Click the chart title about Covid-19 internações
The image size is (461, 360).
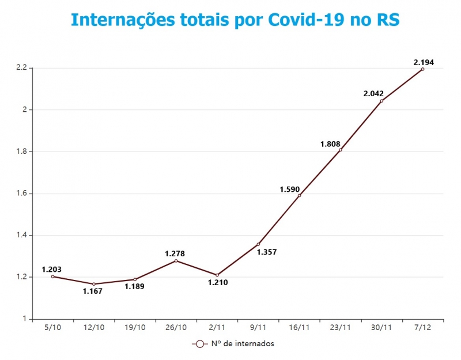click(x=235, y=19)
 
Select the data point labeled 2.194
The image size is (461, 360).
click(x=422, y=69)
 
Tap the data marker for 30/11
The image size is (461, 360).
click(x=381, y=101)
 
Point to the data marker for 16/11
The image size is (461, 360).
click(x=299, y=195)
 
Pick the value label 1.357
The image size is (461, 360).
click(x=267, y=252)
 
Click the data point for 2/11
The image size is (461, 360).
click(x=217, y=275)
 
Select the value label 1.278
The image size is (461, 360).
click(x=175, y=253)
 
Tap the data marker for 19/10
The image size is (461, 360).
click(x=135, y=279)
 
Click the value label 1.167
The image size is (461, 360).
click(x=93, y=291)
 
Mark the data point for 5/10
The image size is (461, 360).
click(x=52, y=276)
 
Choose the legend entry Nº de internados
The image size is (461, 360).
click(x=233, y=344)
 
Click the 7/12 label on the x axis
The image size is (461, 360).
click(x=422, y=327)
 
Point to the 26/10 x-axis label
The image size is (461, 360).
click(x=176, y=327)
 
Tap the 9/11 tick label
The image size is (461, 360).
click(x=258, y=327)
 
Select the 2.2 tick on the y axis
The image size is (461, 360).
click(x=22, y=68)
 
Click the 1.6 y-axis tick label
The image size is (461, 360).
click(x=22, y=194)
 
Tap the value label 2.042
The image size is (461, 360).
click(x=373, y=93)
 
